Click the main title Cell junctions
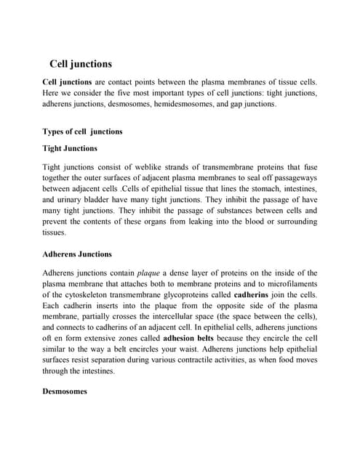point(80,64)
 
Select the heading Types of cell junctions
point(83,132)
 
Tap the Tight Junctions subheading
point(70,148)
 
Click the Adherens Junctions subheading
point(77,254)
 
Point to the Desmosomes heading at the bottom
point(64,391)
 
